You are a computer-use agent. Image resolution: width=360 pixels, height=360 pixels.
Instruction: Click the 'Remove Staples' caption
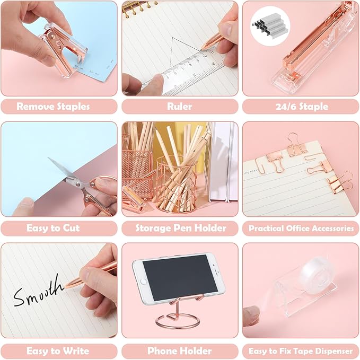point(53,107)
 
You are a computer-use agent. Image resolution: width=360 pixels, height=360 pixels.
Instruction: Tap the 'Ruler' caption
point(180,107)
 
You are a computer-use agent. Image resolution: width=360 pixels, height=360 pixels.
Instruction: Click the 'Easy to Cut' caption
point(53,229)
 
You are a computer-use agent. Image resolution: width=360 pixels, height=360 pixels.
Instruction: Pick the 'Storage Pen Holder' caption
point(180,229)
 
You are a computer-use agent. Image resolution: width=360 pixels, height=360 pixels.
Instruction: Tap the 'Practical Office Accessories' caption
point(301,229)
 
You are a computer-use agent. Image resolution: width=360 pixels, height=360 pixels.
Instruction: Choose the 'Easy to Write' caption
point(53,350)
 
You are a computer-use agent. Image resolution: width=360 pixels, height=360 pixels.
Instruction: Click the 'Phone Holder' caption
point(180,350)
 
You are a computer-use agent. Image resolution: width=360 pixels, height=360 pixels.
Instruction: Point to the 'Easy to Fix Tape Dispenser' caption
point(301,350)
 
